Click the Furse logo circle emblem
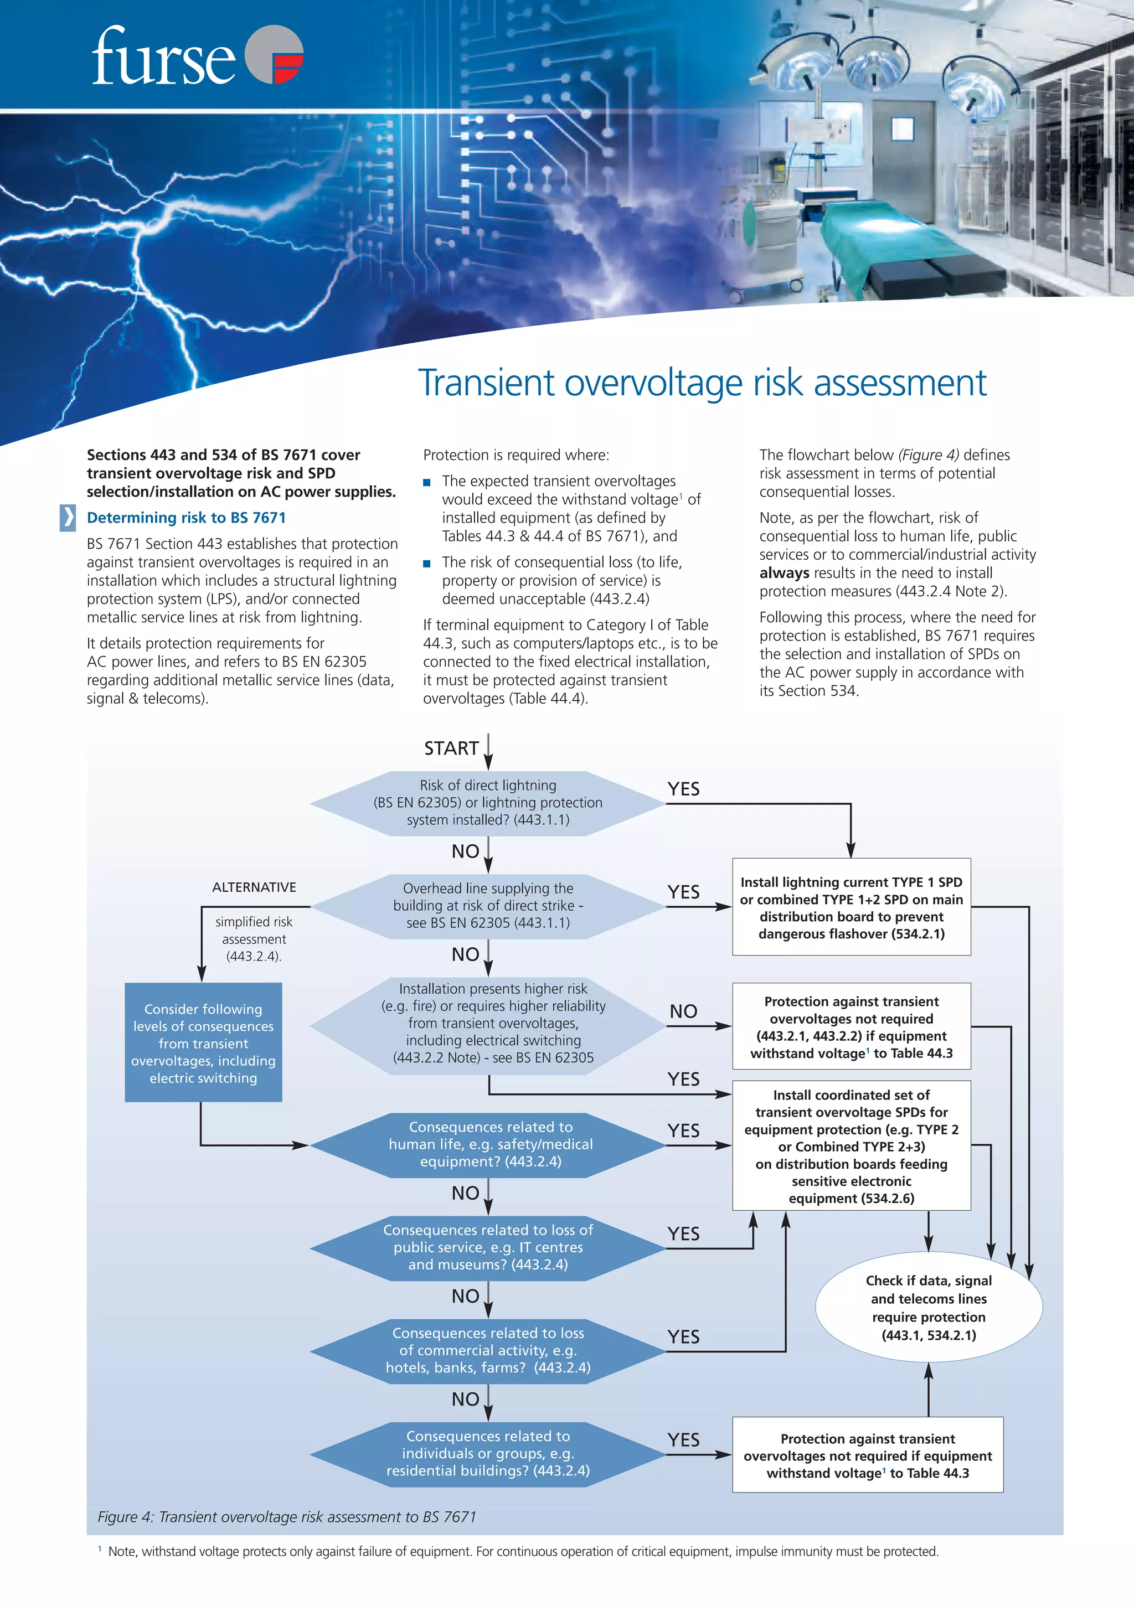tap(274, 54)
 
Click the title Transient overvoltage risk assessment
tap(702, 383)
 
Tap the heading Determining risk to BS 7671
tap(186, 518)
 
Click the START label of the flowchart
tap(451, 748)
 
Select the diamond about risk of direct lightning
tap(488, 803)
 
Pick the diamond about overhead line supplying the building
tap(488, 906)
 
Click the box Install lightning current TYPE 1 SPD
tap(851, 907)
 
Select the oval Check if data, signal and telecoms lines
tap(929, 1307)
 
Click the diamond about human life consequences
tap(490, 1144)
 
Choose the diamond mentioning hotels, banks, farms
tap(488, 1351)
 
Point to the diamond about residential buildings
tap(488, 1454)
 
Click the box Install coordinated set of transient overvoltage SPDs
tap(851, 1146)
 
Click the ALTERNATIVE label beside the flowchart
tap(254, 887)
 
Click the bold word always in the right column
tap(784, 573)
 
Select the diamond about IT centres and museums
tap(488, 1247)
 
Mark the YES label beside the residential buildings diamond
tap(683, 1440)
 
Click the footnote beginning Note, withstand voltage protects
tap(523, 1551)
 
